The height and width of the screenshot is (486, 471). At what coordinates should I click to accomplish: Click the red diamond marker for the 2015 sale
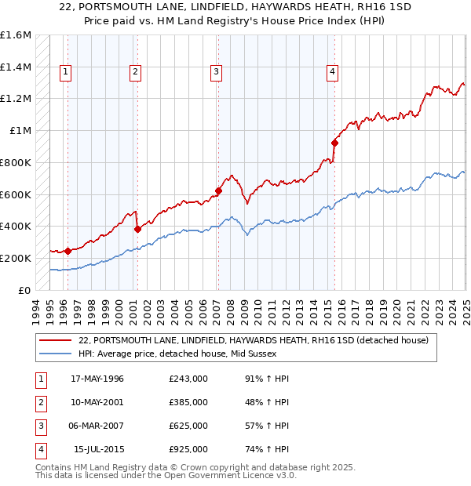(334, 143)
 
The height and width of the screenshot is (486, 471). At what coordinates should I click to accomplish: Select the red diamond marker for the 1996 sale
(68, 251)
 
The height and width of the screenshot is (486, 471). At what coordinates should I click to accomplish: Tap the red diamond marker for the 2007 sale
(219, 190)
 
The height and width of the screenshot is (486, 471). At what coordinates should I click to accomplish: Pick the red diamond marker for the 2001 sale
(137, 229)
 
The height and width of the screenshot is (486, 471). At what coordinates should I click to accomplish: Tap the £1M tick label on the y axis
(21, 131)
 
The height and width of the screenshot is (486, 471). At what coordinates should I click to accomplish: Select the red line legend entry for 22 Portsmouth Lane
(253, 341)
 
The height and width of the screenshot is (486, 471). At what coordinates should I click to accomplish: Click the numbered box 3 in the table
(39, 426)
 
